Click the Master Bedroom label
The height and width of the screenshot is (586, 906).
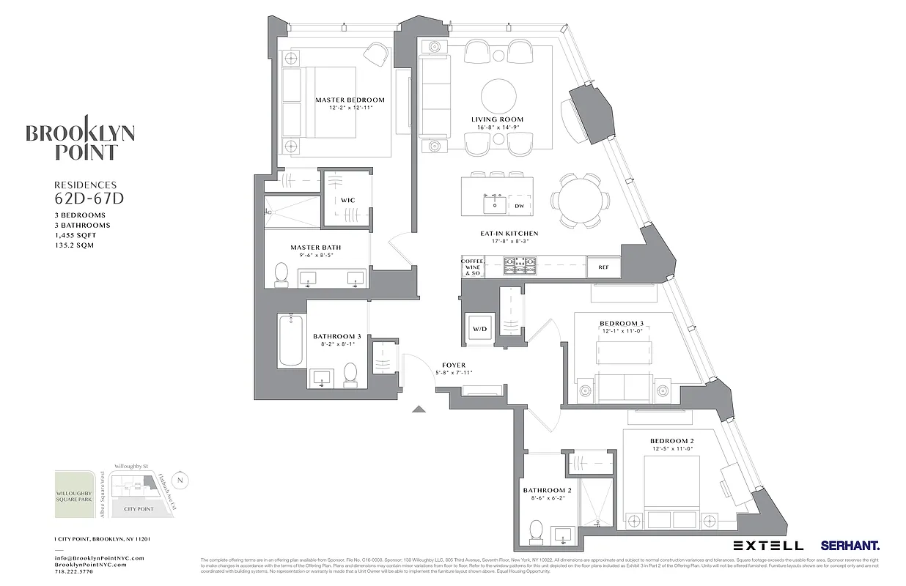point(350,100)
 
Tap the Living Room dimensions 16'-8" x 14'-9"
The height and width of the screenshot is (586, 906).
point(497,127)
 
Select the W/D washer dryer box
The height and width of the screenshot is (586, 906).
point(479,330)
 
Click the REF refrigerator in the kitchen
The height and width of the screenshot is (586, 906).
point(603,267)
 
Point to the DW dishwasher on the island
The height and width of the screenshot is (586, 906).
point(519,206)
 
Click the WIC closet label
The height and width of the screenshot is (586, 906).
point(347,200)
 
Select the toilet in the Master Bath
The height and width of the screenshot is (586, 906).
point(281,274)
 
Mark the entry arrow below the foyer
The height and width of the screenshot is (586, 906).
point(419,409)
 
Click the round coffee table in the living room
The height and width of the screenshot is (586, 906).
point(498,95)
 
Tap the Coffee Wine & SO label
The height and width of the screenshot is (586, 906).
point(471,267)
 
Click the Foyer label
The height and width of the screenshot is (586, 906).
point(453,365)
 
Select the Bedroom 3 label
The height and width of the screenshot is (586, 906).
point(621,323)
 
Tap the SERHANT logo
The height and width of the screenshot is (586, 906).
point(850,546)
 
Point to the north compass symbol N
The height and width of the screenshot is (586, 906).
point(183,481)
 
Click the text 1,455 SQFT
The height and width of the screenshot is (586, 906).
point(75,236)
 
